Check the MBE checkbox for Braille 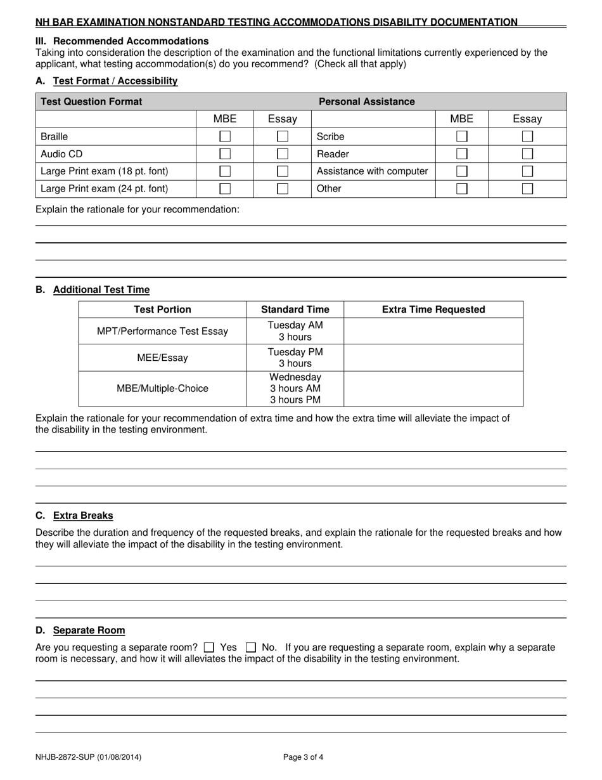pos(225,136)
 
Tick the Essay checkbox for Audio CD pos(283,154)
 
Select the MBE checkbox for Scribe pos(462,136)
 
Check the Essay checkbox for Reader pos(527,154)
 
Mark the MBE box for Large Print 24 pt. pos(225,188)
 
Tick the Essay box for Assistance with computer pos(527,171)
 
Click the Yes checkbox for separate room pos(210,647)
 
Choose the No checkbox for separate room pos(251,647)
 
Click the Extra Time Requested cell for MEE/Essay pos(433,358)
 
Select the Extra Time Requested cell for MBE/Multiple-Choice pos(433,388)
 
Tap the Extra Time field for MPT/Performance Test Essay pos(433,331)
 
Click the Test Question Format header pos(91,101)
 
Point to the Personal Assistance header pos(366,101)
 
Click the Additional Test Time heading pos(101,290)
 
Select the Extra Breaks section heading pos(83,516)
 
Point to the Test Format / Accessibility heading pos(115,81)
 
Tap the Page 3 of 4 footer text pos(303,757)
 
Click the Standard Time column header pos(295,309)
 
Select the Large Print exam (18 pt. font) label pos(105,171)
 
